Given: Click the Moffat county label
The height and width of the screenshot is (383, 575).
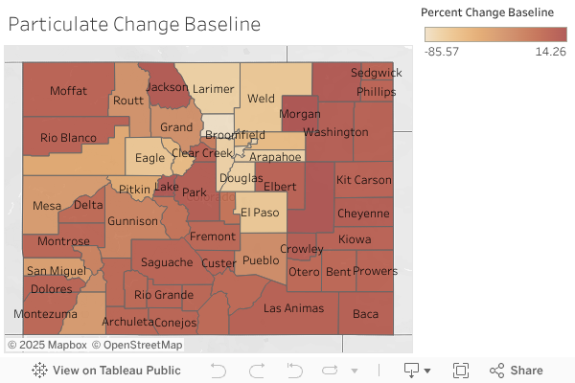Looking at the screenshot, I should coord(69,90).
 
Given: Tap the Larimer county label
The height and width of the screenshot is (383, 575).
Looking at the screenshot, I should coord(213,89).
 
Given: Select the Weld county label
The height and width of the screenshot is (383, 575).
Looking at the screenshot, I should coord(261,98).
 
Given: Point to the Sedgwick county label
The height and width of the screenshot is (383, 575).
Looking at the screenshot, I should coord(376,73).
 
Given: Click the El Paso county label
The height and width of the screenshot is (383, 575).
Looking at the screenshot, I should coord(259,213).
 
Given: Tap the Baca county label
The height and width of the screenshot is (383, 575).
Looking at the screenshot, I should coord(366,313).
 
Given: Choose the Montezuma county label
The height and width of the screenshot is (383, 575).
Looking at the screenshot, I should coord(46,314).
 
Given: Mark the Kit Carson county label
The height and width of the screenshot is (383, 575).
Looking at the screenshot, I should coord(364,180).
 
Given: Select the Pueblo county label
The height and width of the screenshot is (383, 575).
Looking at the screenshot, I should coord(261,260).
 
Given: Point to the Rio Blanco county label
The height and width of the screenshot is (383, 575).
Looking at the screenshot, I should coord(69,138).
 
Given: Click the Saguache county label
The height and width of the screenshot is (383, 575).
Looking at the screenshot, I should coord(167,262).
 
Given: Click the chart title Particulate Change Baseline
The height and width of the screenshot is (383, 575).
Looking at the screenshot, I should coord(134,25).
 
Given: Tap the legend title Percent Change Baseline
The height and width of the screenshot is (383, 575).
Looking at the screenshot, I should coord(488,12).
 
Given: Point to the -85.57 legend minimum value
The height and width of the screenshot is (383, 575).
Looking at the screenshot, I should coord(442,51).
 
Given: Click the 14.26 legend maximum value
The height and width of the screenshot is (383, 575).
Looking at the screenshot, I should coord(551,51).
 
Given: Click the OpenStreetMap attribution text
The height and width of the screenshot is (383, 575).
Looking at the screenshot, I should coord(143,345).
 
